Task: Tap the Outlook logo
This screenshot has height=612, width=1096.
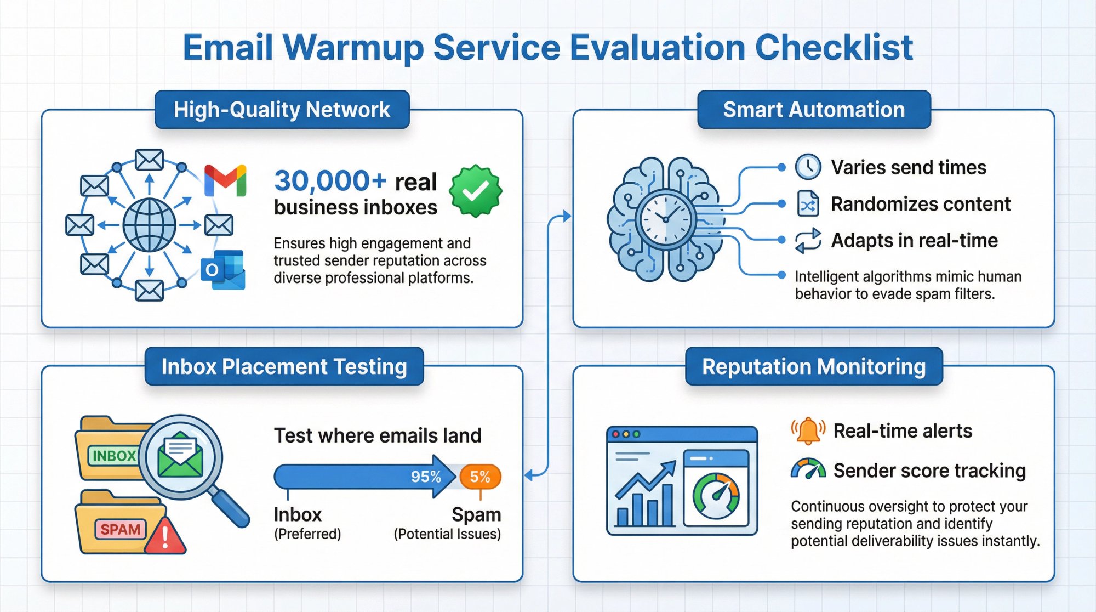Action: (x=223, y=269)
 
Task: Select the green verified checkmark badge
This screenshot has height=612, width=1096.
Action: (x=475, y=191)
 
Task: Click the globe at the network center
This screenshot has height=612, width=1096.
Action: (x=149, y=225)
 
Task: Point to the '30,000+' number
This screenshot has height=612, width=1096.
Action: (x=330, y=181)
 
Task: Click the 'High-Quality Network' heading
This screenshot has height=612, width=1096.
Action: (x=282, y=110)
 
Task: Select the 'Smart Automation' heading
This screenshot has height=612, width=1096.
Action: (x=814, y=110)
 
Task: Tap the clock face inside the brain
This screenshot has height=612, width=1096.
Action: (x=666, y=219)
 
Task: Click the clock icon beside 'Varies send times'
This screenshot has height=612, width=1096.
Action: (x=808, y=167)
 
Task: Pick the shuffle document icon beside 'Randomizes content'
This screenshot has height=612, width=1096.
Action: (x=808, y=204)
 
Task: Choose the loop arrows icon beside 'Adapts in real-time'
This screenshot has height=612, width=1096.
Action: (x=808, y=241)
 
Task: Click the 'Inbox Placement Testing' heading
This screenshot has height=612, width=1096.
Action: (x=284, y=366)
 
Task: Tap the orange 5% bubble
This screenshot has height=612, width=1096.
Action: (x=480, y=477)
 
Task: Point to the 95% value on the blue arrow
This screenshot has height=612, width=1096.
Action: (x=426, y=477)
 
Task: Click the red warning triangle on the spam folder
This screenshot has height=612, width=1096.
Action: (x=165, y=536)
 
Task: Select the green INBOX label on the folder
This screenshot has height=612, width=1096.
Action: (x=113, y=456)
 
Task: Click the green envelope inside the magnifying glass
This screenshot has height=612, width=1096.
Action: (x=180, y=455)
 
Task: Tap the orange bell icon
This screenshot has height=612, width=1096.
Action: (x=808, y=431)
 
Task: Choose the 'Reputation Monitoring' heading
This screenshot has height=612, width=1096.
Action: (x=814, y=366)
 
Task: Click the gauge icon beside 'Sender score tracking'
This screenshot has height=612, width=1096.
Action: (x=808, y=469)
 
